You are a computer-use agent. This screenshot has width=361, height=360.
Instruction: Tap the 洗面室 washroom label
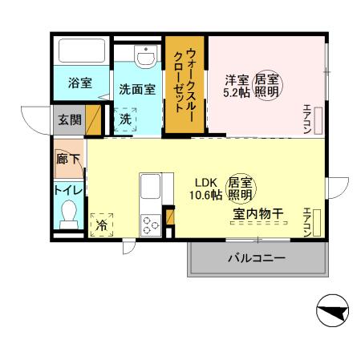pyautogui.click(x=137, y=89)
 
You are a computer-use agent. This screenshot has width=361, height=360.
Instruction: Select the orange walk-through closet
pyautogui.click(x=185, y=84)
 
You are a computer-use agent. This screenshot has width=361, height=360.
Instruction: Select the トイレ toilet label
pyautogui.click(x=67, y=191)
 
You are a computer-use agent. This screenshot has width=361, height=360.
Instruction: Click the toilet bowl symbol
pyautogui.click(x=69, y=215)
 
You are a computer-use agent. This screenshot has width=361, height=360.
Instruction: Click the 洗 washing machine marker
pyautogui.click(x=125, y=119)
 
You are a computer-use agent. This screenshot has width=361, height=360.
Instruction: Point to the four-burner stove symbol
pyautogui.click(x=151, y=224)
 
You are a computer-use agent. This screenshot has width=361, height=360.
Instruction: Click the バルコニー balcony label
pyautogui.click(x=257, y=258)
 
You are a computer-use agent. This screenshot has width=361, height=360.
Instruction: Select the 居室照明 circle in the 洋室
pyautogui.click(x=266, y=86)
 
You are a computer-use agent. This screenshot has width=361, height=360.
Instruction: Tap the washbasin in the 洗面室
pyautogui.click(x=146, y=59)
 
